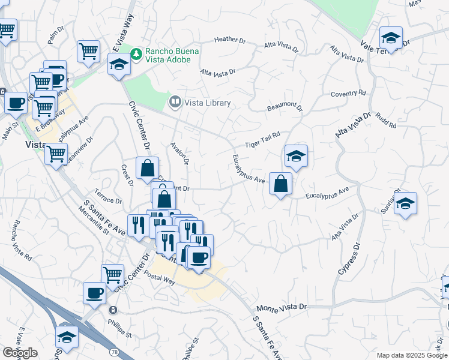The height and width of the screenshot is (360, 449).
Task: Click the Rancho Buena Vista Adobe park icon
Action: pos(137,54)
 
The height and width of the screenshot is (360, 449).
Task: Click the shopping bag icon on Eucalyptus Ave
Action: pos(281,184)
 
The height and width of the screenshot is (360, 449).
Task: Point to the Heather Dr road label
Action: pos(230,40)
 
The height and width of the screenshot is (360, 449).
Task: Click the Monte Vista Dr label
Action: pos(282,307)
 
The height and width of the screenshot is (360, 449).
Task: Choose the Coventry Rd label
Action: pos(348,94)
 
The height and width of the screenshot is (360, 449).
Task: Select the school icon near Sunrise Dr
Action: pos(405,203)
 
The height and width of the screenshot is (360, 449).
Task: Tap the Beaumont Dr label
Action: pos(285,107)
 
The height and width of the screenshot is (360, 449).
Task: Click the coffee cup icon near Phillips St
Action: pos(95,293)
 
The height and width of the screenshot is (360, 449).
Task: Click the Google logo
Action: pos(19,353)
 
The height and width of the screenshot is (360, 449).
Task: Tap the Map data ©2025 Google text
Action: pos(411,355)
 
